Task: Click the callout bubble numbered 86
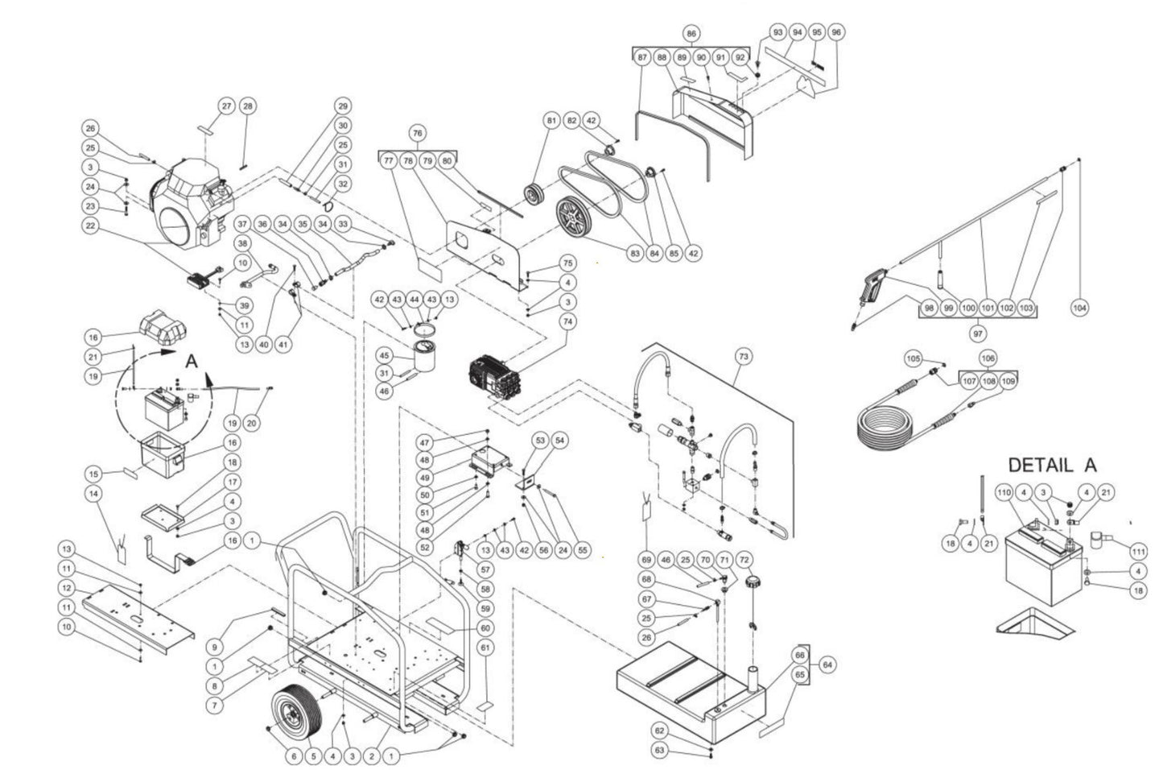point(691,34)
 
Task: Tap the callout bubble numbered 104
point(1079,307)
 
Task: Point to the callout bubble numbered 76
point(417,132)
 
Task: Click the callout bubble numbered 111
point(1137,552)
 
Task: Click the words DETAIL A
point(1052,466)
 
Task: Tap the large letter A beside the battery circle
point(192,362)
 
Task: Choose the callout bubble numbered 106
point(988,358)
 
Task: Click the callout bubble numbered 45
point(384,355)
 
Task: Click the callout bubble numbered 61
point(485,648)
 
